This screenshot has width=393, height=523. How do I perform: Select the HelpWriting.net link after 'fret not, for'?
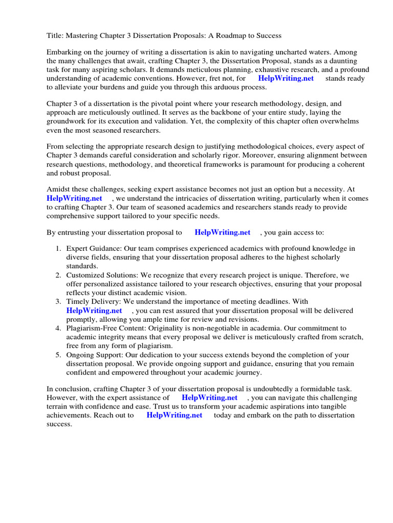point(286,79)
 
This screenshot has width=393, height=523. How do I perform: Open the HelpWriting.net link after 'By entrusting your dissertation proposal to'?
point(222,232)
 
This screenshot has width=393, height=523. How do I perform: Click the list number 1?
point(58,249)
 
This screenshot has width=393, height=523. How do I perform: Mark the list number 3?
point(58,302)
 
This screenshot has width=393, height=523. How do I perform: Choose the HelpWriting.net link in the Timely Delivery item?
point(94,311)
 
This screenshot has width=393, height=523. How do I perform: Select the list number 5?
point(58,355)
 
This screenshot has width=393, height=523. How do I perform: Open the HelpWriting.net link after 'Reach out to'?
point(174,415)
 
